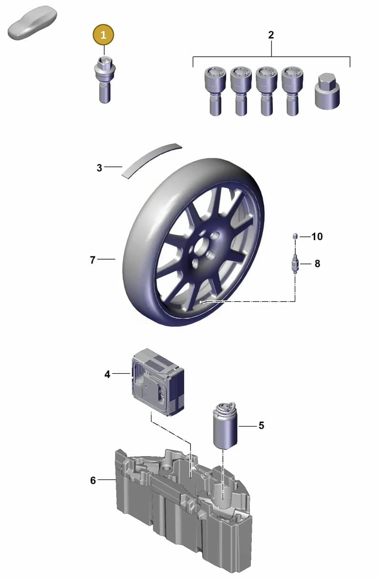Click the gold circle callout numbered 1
[103, 35]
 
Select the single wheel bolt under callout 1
[105, 80]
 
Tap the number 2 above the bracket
[271, 35]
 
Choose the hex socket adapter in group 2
[327, 91]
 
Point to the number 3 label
[99, 168]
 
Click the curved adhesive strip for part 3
[152, 160]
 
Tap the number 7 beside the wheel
[93, 260]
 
